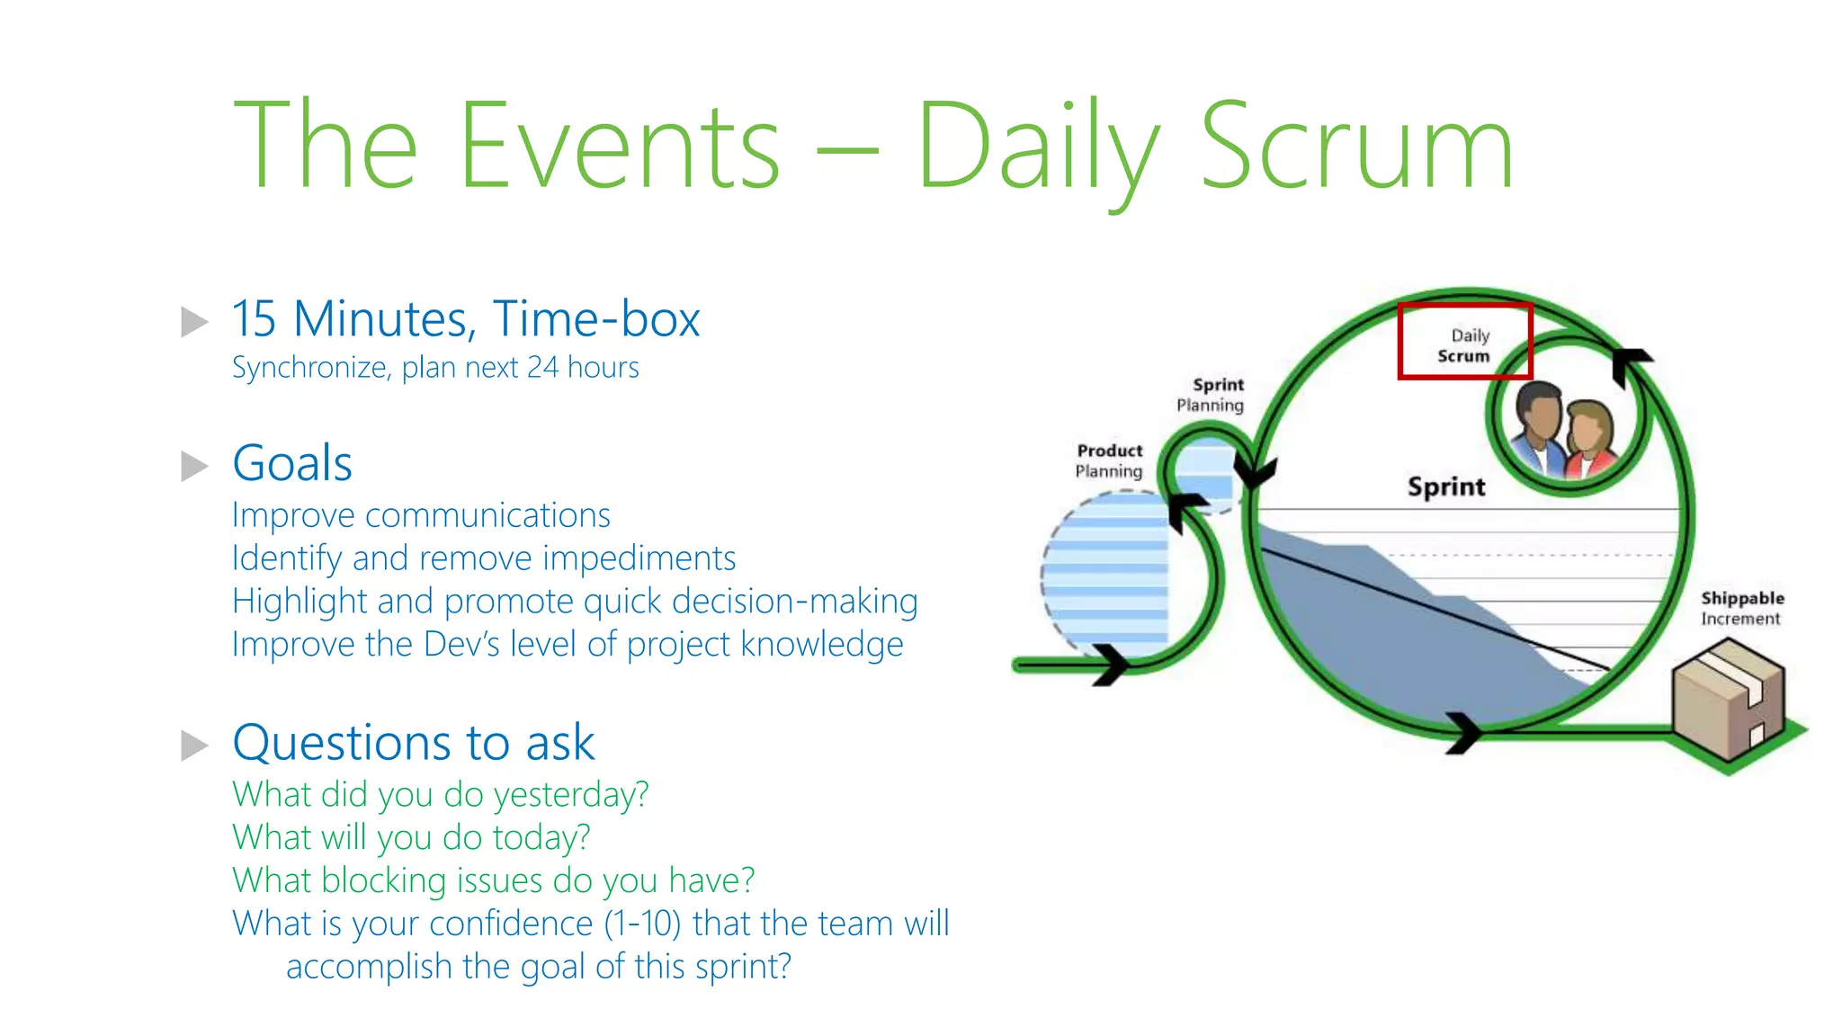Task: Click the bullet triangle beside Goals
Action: pos(194,466)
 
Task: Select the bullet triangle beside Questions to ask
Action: pos(194,746)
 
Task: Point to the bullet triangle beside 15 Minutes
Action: pos(194,321)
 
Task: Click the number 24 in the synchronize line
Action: pos(542,367)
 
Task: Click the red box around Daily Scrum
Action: pos(1464,342)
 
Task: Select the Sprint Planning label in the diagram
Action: pos(1211,395)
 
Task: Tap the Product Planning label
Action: pos(1109,460)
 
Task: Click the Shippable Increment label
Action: pos(1741,608)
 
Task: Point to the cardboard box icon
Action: pos(1728,700)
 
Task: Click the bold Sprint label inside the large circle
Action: pos(1446,487)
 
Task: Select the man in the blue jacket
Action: pos(1539,427)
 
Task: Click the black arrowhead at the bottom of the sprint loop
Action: pos(1463,730)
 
